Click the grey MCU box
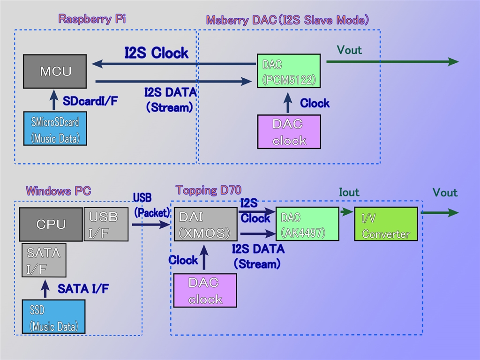[x=55, y=71]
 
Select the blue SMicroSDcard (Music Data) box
[x=55, y=128]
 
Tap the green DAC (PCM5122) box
[x=288, y=70]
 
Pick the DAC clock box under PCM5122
[x=289, y=132]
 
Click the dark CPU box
[x=51, y=224]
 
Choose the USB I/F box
[x=106, y=224]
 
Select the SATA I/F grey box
[x=44, y=260]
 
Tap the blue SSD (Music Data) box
[x=54, y=316]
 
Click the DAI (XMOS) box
[x=205, y=224]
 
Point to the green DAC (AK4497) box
[x=307, y=224]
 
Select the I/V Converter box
[x=386, y=224]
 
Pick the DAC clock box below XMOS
[x=205, y=291]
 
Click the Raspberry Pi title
[x=92, y=19]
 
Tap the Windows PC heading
[x=58, y=191]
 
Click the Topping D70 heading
[x=208, y=190]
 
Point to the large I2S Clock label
[x=156, y=53]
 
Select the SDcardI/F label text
[x=90, y=101]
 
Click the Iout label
[x=349, y=192]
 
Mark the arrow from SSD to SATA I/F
[x=45, y=288]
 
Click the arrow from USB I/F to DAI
[x=150, y=225]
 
